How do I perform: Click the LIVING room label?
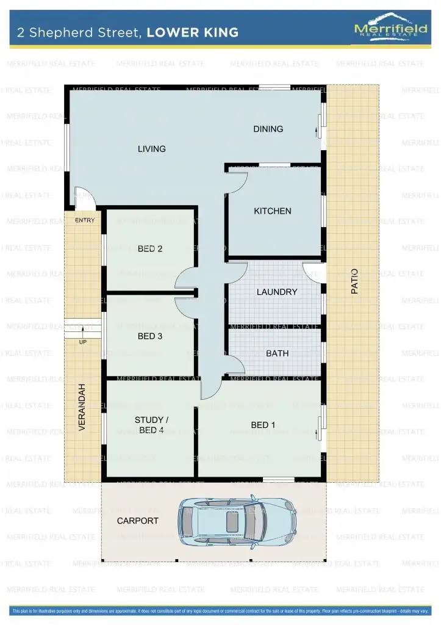pyautogui.click(x=151, y=149)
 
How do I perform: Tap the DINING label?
pyautogui.click(x=268, y=129)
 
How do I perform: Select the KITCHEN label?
pyautogui.click(x=273, y=211)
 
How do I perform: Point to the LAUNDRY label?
pyautogui.click(x=277, y=292)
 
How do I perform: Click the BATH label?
pyautogui.click(x=277, y=353)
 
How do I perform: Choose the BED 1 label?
pyautogui.click(x=264, y=425)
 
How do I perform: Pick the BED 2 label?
pyautogui.click(x=149, y=248)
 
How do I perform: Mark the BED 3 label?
pyautogui.click(x=149, y=336)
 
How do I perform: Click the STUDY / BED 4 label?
pyautogui.click(x=149, y=425)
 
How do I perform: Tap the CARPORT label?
pyautogui.click(x=138, y=521)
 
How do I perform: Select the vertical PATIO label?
pyautogui.click(x=354, y=281)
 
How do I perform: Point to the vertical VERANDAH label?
pyautogui.click(x=82, y=408)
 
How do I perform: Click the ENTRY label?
pyautogui.click(x=85, y=220)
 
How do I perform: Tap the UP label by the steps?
pyautogui.click(x=82, y=342)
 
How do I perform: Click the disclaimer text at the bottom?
pyautogui.click(x=220, y=610)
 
